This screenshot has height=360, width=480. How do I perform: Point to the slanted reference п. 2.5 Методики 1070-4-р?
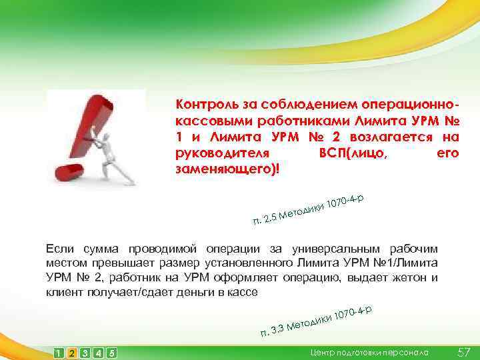(307, 209)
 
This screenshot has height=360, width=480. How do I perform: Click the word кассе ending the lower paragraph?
(241, 293)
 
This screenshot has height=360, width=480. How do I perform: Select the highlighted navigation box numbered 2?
(72, 353)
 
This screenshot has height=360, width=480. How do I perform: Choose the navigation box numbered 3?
(85, 353)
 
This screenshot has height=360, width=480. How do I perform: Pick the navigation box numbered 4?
(98, 353)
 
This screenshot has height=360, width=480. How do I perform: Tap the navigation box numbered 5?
(111, 353)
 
